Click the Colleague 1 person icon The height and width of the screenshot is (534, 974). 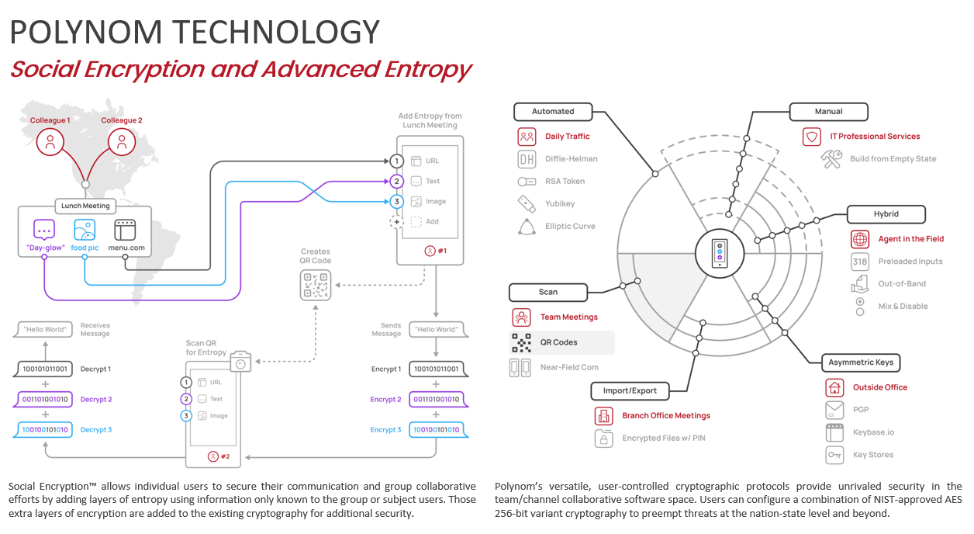coord(50,142)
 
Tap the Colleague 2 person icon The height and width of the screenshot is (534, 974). coord(122,142)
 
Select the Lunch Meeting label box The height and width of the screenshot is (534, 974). coord(86,206)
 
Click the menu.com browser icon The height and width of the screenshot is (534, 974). coord(125,231)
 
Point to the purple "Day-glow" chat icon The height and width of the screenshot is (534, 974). coord(44,231)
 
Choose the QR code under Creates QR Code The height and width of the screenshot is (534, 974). coord(316,285)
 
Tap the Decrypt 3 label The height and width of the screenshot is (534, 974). coord(96,429)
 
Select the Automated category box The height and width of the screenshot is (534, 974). coord(553,112)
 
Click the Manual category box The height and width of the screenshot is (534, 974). coord(828,112)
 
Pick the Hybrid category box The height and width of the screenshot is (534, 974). coord(886,214)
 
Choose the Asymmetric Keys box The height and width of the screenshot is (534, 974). coord(861,362)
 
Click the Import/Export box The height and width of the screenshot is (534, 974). coord(630,390)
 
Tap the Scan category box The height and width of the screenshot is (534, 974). coord(547,292)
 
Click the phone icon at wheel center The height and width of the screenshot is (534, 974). coord(720,252)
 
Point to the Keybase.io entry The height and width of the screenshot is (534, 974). coord(873,432)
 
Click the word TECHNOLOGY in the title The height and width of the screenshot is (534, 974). coord(276,33)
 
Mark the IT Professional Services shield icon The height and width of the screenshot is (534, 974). coord(812,137)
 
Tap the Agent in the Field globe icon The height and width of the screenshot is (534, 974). coord(859,239)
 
